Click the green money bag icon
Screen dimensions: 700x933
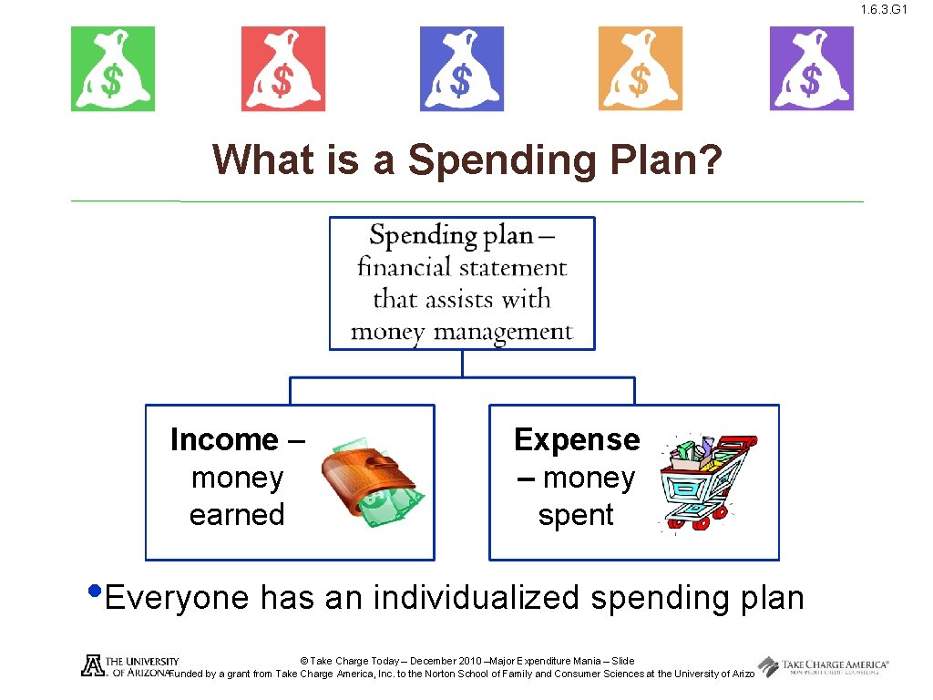[113, 69]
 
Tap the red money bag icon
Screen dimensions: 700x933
[282, 69]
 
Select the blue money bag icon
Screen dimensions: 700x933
[461, 69]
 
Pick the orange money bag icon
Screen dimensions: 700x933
[640, 69]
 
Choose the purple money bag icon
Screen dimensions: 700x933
[811, 69]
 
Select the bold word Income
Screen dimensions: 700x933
[224, 440]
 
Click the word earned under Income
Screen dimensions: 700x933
[237, 515]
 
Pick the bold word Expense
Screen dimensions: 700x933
[577, 440]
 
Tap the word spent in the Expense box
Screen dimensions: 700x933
[576, 515]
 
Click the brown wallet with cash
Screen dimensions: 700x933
[368, 483]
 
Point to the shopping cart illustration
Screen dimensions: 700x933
[707, 481]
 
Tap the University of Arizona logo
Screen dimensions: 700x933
[128, 666]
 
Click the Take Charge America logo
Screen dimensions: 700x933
[823, 667]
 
